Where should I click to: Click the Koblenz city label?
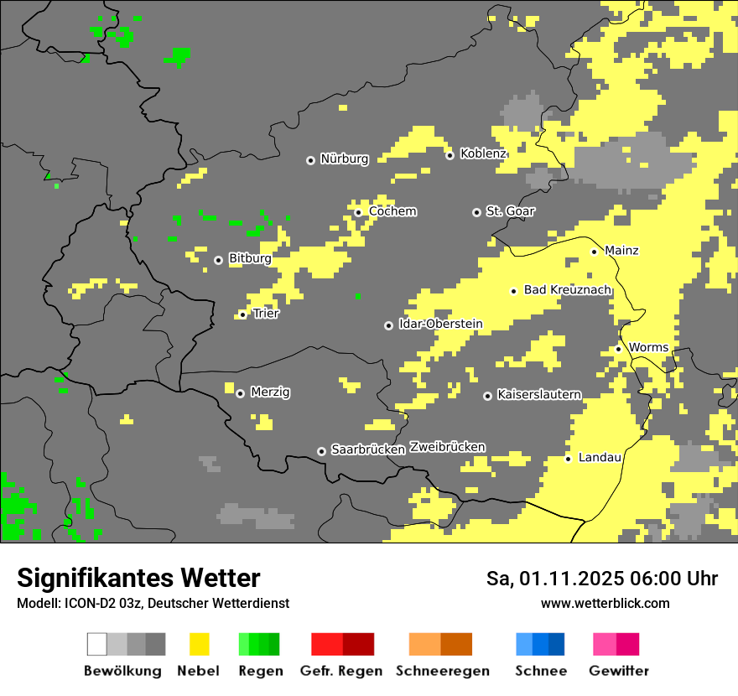coord(483,153)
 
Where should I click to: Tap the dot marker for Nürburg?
coord(310,160)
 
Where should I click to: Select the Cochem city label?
coord(392,211)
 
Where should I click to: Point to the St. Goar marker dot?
coord(476,212)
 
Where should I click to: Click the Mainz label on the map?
coord(621,251)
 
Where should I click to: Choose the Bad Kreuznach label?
coord(567,290)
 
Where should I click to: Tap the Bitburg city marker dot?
coord(218,260)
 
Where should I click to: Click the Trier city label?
coord(266,314)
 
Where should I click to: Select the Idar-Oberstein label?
coord(440,324)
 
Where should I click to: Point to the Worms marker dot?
coord(618,349)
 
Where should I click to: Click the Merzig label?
coord(270,392)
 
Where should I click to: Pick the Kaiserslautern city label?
coord(539,394)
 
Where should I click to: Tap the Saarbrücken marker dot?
coord(321,451)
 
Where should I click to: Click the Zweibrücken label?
coord(447,447)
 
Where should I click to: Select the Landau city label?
coord(600,457)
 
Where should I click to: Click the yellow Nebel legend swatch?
coord(199,644)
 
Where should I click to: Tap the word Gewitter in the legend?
coord(619,671)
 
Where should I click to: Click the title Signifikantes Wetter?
coord(138,578)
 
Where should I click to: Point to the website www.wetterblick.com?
coord(605,603)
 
